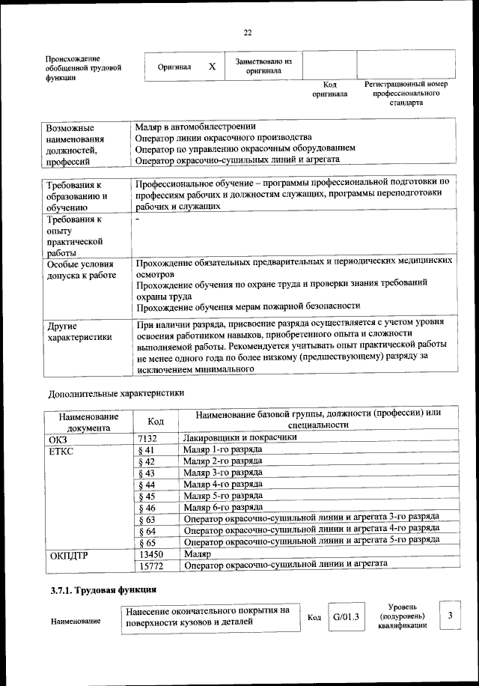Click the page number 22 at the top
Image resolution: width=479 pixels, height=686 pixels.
coord(248,31)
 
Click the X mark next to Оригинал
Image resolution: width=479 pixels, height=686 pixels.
coord(212,67)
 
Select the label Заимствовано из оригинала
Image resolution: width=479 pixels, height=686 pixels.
coord(263,66)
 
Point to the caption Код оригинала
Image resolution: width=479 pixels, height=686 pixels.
coord(329,89)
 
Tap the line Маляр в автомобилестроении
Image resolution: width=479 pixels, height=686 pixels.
coord(195,127)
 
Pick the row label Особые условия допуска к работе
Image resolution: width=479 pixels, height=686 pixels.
coord(81,270)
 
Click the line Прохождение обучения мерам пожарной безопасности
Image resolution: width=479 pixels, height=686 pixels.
coord(248,306)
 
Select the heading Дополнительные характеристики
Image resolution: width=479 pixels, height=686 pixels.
coord(116,392)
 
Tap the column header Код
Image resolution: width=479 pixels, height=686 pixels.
coord(156,422)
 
